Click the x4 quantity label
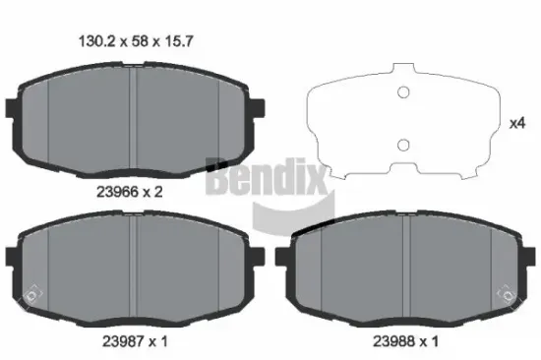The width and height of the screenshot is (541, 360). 515,125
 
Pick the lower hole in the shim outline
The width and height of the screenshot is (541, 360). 401,146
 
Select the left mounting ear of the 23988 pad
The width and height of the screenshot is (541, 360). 283,258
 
